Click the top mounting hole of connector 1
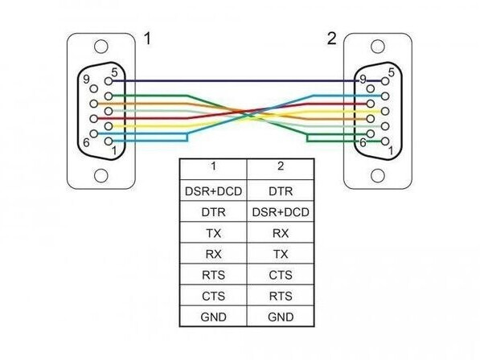(101, 47)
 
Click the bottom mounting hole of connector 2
(377, 175)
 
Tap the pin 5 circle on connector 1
(109, 81)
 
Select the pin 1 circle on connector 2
(385, 141)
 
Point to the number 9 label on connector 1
(86, 80)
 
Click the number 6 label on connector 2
(363, 142)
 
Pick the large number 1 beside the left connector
(147, 39)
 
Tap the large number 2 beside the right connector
(331, 39)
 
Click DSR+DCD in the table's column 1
(213, 191)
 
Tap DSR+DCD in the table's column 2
(281, 212)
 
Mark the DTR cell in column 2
(281, 191)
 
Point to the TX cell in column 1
(213, 233)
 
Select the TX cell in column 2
(281, 254)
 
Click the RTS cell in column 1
(213, 275)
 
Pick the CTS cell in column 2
(281, 275)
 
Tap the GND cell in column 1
(213, 317)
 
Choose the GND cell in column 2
(281, 317)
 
